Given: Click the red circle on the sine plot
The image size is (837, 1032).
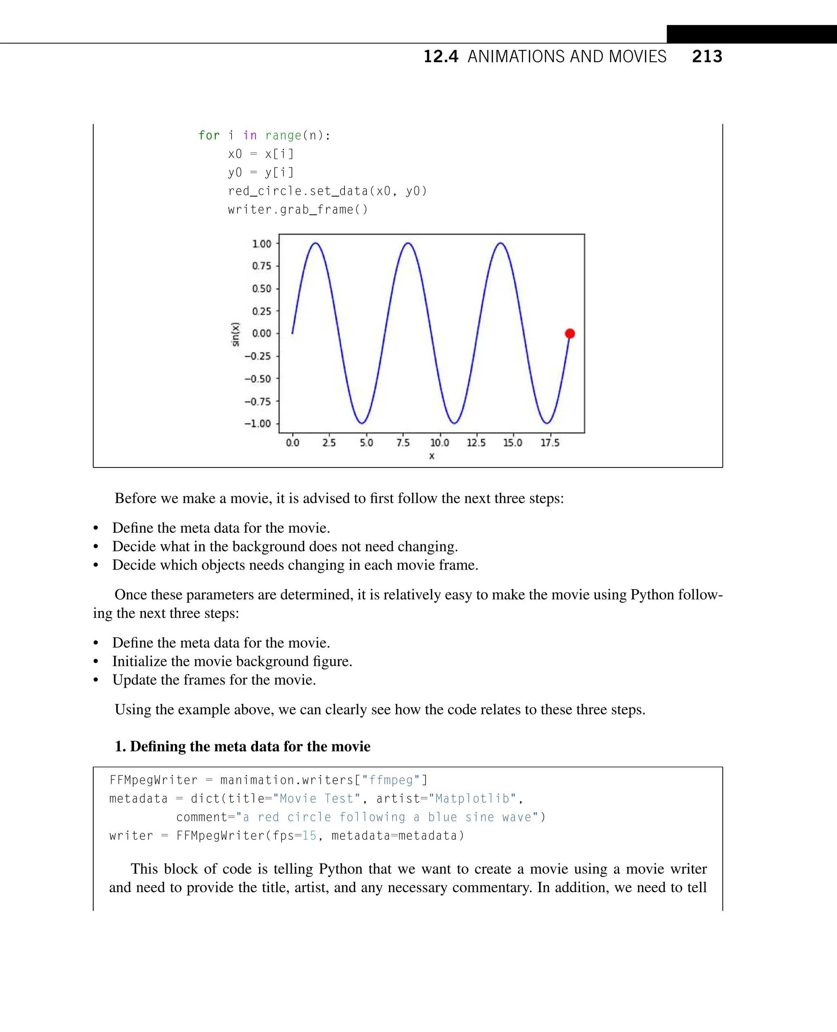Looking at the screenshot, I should point(569,333).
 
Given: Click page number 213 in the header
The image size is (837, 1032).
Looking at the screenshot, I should point(707,57).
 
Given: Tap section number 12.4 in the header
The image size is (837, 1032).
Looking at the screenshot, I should point(441,57).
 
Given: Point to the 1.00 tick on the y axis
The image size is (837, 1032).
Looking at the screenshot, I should point(262,244).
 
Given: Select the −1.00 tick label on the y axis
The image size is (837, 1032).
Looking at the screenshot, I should point(258,424).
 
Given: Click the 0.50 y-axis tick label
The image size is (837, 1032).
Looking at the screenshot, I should point(262,289).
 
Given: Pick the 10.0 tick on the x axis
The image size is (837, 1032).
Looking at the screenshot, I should point(439,443).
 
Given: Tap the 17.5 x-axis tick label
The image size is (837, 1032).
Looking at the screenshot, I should point(550,443).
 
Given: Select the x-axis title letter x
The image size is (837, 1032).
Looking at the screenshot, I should point(432,456).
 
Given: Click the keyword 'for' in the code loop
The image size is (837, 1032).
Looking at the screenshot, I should point(209,136).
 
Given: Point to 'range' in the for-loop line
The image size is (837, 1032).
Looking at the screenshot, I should point(283,136).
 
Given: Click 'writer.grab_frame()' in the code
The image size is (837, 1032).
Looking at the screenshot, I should point(298,210).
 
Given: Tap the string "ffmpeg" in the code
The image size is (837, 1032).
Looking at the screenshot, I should point(391,780).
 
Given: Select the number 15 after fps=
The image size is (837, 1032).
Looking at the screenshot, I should point(309,835).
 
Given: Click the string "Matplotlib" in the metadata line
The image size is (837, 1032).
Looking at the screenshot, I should point(472,799).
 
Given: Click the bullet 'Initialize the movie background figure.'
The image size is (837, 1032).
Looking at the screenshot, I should point(232,661).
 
